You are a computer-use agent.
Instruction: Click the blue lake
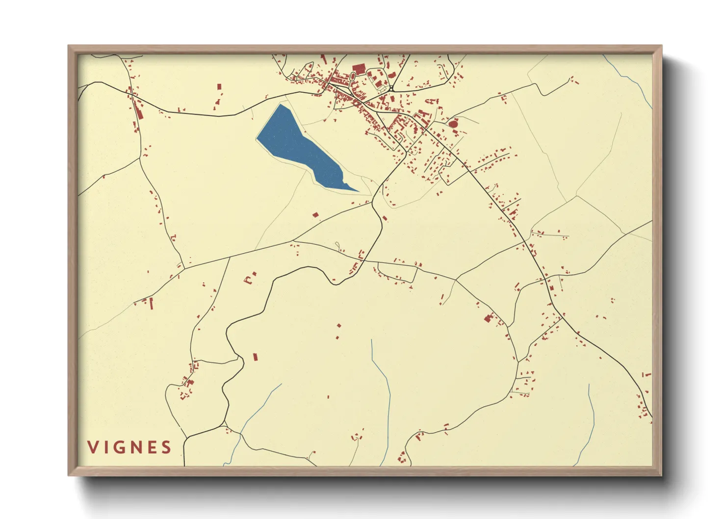299,147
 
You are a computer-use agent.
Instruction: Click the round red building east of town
453,124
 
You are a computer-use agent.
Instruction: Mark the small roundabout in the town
391,89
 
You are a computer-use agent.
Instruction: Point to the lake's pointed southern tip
358,191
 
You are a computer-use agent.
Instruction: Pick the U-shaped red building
249,280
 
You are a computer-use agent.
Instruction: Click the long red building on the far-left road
139,112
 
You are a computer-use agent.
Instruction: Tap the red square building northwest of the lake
219,87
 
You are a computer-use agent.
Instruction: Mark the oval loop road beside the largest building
353,76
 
